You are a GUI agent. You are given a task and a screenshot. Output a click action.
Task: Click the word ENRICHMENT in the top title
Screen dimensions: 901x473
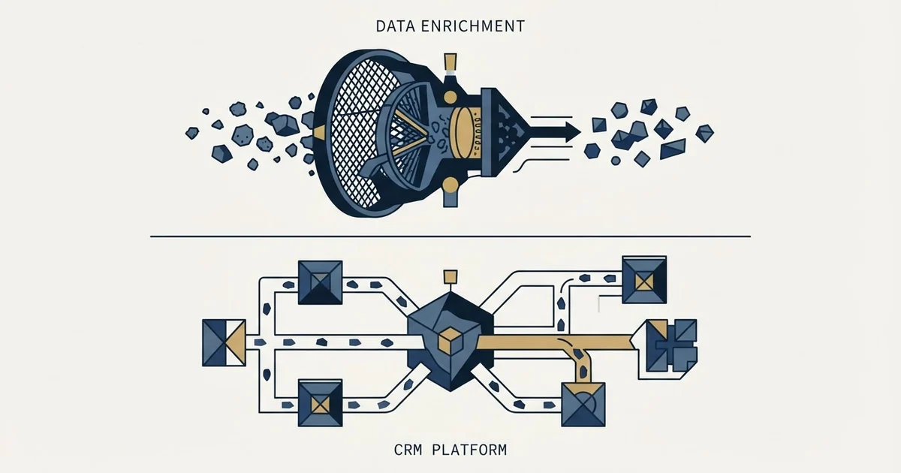pos(473,26)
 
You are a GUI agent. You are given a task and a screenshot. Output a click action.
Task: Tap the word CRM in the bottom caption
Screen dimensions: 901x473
pos(408,450)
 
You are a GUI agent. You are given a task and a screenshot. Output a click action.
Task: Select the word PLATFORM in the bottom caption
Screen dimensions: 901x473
pos(469,450)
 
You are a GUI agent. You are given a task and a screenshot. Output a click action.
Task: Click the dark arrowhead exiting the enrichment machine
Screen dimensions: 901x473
pos(572,131)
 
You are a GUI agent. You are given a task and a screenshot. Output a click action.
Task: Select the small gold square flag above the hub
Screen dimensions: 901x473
pos(450,277)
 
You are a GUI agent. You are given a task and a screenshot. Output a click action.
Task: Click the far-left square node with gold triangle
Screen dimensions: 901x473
pos(224,342)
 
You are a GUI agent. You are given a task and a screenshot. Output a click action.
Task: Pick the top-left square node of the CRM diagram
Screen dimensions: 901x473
pos(320,282)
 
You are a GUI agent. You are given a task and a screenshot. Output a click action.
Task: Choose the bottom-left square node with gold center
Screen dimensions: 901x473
pos(320,403)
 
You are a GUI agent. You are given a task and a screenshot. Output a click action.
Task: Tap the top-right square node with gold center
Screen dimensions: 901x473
pos(644,280)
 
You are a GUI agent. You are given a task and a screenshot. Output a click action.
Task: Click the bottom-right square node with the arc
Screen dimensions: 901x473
pos(583,405)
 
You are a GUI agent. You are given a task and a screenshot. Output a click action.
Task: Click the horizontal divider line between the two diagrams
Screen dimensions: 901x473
pos(450,236)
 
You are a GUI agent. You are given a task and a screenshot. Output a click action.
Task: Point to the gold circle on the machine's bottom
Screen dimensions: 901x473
pos(450,186)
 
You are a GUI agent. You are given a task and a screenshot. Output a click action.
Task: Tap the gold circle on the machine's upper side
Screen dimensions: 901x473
pos(450,98)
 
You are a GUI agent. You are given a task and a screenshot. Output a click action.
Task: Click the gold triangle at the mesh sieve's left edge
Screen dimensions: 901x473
pos(320,132)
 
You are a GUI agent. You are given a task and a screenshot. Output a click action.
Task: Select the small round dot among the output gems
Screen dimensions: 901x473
pos(616,161)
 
